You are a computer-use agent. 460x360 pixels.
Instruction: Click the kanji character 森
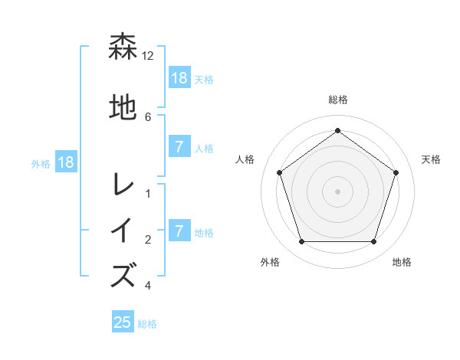(123, 47)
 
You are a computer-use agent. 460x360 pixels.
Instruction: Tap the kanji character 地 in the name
(123, 107)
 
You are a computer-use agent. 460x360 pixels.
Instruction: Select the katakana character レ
(123, 185)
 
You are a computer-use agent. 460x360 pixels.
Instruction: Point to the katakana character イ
(123, 231)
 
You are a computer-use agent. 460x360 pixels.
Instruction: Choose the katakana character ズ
(123, 275)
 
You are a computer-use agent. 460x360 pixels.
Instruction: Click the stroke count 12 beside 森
(148, 56)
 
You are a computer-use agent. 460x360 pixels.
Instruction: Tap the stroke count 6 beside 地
(148, 116)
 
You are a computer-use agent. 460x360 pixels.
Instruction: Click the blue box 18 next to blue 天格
(179, 77)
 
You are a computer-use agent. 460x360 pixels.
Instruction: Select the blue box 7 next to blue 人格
(179, 147)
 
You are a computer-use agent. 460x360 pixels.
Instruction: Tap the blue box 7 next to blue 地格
(179, 231)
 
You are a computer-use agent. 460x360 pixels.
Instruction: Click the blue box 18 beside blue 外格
(65, 162)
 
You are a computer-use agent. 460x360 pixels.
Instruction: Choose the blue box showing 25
(123, 322)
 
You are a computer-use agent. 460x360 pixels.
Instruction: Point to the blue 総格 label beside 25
(148, 324)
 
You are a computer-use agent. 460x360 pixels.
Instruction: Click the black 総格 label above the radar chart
(338, 100)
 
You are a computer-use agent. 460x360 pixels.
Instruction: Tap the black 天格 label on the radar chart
(432, 159)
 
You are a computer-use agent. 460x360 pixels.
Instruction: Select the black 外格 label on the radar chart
(270, 262)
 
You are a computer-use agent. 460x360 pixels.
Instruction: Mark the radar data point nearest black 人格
(279, 172)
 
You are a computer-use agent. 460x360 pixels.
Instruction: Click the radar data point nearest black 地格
(374, 242)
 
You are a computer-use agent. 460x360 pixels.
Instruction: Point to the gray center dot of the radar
(338, 191)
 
